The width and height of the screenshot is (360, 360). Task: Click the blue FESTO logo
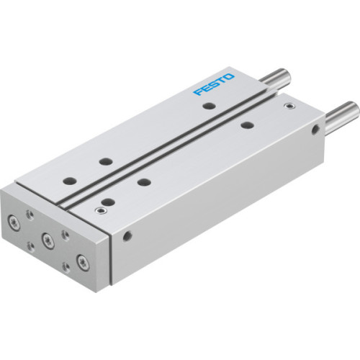pos(214,85)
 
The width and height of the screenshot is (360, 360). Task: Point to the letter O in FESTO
pos(229,76)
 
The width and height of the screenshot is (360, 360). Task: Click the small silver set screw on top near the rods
pos(289,107)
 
